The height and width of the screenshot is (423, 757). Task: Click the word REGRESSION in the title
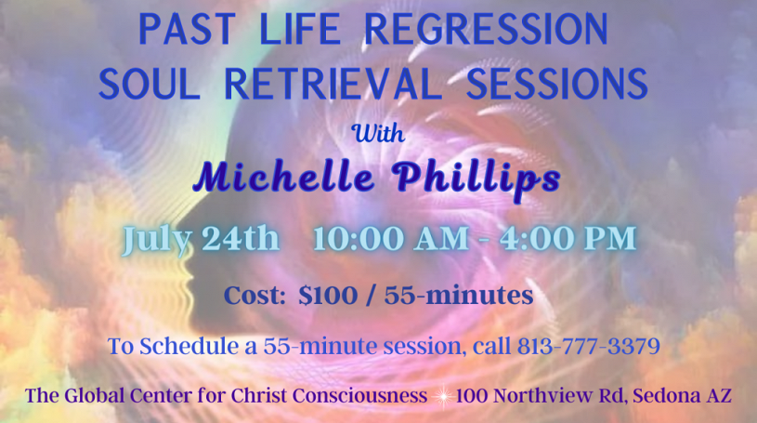486,29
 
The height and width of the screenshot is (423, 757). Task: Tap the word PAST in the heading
187,29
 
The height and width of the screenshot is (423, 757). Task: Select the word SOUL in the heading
150,84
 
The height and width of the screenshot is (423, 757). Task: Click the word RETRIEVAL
333,84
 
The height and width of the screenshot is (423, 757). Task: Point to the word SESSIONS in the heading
557,84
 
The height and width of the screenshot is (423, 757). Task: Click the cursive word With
379,133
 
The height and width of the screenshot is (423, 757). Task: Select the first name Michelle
284,177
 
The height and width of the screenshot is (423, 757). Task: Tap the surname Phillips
478,178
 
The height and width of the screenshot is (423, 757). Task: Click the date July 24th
201,239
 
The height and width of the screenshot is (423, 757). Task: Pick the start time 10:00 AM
390,238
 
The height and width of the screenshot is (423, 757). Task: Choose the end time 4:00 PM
568,238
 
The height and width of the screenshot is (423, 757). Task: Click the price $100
328,295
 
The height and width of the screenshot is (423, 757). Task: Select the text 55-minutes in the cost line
459,295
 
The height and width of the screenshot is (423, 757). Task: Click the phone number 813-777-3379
589,346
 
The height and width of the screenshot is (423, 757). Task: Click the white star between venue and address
441,396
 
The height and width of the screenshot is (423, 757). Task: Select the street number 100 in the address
472,395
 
